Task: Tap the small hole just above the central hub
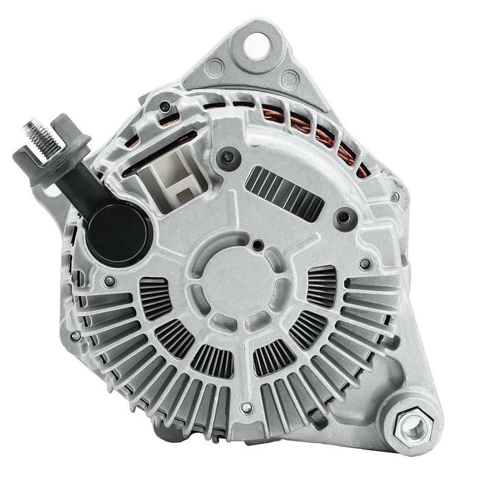coord(258,245)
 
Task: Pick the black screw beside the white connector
coord(229,157)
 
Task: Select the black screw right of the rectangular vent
coord(345,217)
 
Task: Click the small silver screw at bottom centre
coord(246,407)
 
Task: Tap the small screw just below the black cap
coord(110,281)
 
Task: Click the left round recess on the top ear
coord(214,67)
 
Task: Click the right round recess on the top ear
coord(289,79)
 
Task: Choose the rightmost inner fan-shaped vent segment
coord(321,287)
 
